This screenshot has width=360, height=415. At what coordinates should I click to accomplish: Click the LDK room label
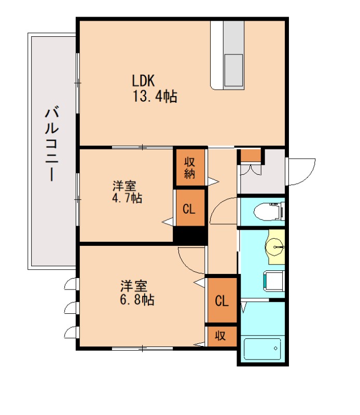(x=143, y=80)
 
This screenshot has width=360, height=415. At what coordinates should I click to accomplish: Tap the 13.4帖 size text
(x=155, y=96)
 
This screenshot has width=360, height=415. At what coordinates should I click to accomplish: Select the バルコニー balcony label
(x=52, y=143)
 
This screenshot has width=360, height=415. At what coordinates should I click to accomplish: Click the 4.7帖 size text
(x=127, y=198)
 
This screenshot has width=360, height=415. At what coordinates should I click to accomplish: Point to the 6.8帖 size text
(x=137, y=300)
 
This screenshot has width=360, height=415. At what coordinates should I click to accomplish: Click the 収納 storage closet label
(x=190, y=168)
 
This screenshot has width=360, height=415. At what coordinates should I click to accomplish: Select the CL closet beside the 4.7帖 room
(x=189, y=209)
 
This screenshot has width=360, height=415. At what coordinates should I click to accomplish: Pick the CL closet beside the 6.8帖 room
(x=222, y=301)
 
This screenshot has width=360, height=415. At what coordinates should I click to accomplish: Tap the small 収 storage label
(x=220, y=336)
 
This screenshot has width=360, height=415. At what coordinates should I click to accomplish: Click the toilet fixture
(x=268, y=211)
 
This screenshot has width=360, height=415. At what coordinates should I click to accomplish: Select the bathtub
(x=262, y=349)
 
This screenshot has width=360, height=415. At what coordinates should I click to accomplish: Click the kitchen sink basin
(x=233, y=70)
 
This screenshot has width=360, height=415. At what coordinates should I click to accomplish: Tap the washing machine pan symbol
(x=274, y=281)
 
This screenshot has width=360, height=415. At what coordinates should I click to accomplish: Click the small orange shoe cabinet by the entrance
(x=251, y=155)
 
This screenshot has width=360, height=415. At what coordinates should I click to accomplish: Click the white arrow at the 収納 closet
(x=213, y=182)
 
